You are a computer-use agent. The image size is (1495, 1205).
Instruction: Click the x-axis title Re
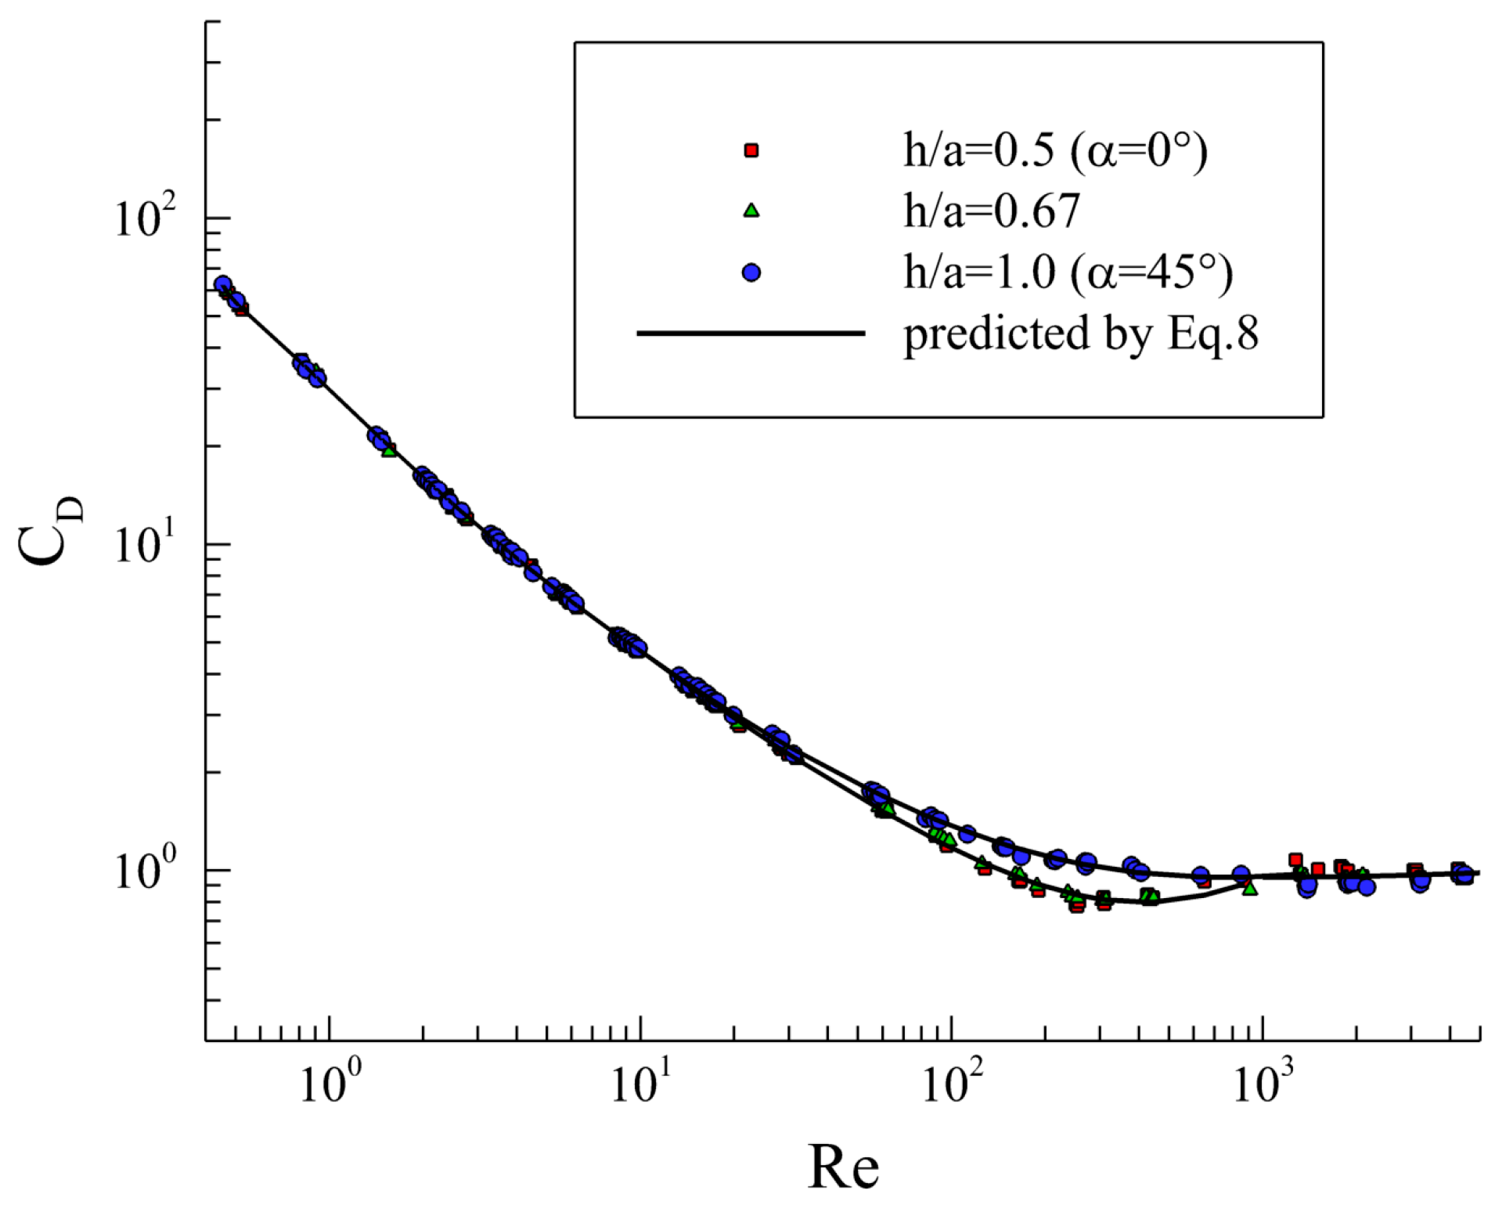pos(842,1167)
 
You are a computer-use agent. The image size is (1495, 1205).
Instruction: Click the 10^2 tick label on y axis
pos(145,217)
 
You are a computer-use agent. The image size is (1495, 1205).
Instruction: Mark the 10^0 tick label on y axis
pos(145,870)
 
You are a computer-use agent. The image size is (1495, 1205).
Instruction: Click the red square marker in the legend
pos(751,150)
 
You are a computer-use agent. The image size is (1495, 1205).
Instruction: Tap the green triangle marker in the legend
pos(751,210)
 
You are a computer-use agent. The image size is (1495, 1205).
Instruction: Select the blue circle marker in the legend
pos(751,272)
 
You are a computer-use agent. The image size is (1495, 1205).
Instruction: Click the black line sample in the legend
pos(751,333)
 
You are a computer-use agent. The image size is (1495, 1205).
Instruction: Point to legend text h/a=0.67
pos(991,210)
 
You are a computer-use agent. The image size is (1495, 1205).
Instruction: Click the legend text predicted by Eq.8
pos(1080,334)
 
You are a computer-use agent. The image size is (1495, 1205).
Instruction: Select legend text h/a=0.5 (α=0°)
pos(1054,150)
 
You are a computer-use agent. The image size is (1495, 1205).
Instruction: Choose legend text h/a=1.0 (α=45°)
pos(1068,272)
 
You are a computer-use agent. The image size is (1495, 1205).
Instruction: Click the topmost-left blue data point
pos(223,284)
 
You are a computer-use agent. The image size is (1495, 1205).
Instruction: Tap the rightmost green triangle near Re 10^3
pos(1249,888)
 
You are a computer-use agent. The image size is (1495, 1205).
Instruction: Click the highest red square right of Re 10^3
pos(1295,860)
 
